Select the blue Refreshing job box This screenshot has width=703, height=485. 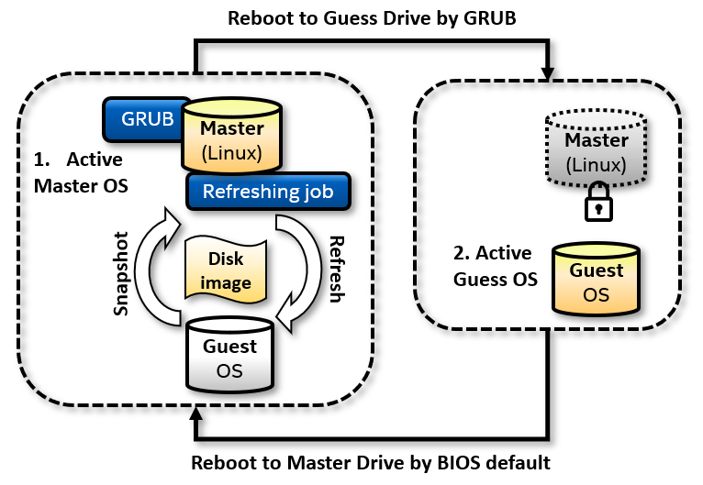(267, 193)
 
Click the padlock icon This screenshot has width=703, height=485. (598, 204)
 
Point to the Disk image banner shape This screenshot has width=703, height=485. (225, 269)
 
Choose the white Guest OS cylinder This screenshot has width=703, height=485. (229, 354)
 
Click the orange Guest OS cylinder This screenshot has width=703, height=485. (596, 277)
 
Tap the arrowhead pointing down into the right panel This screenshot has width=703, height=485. (548, 73)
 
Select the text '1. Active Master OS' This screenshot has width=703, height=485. (81, 171)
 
